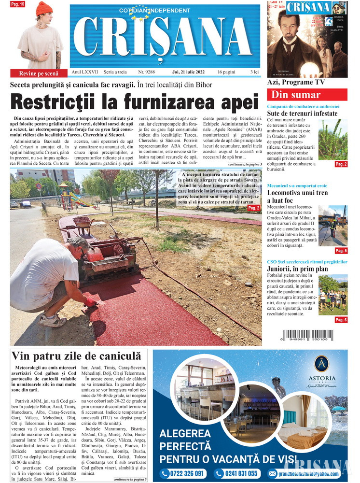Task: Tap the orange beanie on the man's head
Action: [44, 8]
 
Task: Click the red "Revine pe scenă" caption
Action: [39, 73]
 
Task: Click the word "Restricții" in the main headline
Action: [59, 102]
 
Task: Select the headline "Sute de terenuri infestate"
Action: [302, 114]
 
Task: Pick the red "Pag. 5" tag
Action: [341, 251]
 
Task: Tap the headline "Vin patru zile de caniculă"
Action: [76, 356]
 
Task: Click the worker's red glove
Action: [90, 302]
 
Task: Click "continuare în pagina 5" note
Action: [130, 479]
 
